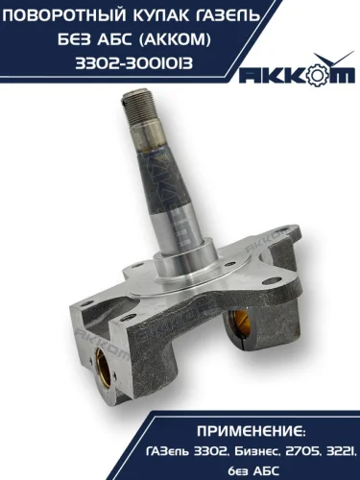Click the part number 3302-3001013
(x=134, y=63)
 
